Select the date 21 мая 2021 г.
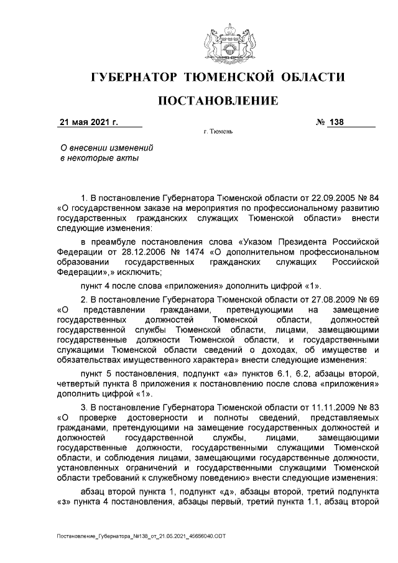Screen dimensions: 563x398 tap(88, 122)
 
